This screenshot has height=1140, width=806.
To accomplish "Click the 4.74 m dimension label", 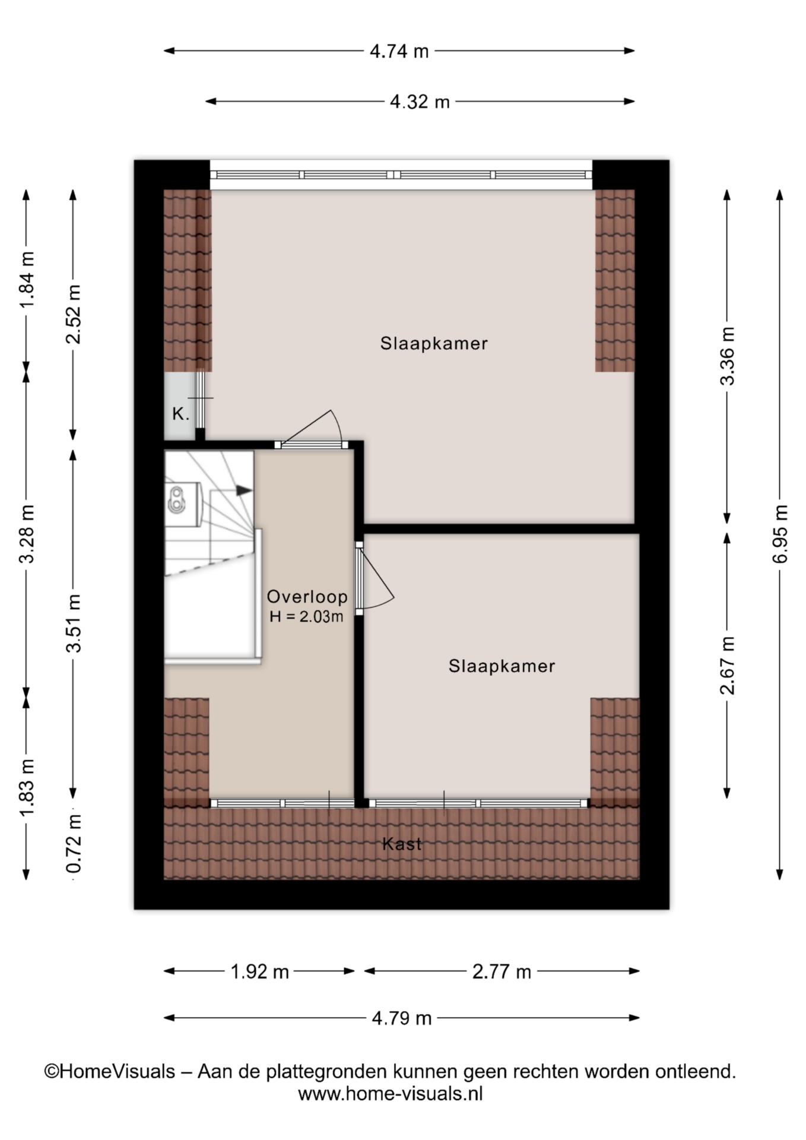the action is (x=399, y=52).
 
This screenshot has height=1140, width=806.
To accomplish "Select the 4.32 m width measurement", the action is (x=420, y=102).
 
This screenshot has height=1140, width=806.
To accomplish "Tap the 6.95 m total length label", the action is (x=780, y=534).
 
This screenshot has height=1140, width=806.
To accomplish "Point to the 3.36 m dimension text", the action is (x=727, y=356).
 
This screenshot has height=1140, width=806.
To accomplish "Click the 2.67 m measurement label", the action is (x=727, y=665).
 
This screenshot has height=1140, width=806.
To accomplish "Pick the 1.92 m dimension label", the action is (x=259, y=972).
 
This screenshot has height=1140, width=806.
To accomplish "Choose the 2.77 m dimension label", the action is (x=502, y=972).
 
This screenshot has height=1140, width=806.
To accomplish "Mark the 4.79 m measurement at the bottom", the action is (x=402, y=1019).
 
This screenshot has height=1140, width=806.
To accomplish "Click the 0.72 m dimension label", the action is (x=74, y=843).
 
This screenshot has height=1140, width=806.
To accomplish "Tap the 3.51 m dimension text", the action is (x=74, y=623).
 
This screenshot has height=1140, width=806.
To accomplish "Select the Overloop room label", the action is (x=307, y=597).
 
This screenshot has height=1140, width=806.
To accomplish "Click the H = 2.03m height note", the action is (x=306, y=616).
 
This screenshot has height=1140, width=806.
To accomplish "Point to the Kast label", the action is (x=402, y=844).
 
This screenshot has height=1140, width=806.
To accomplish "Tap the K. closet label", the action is (x=181, y=414).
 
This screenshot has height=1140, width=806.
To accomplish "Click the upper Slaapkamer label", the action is (x=434, y=343).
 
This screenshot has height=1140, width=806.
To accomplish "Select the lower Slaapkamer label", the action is (x=502, y=666).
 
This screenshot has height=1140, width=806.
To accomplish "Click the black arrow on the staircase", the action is (x=244, y=490).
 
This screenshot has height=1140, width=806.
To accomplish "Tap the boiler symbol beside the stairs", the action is (x=176, y=499).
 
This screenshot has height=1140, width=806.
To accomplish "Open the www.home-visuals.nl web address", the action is (x=391, y=1094).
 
